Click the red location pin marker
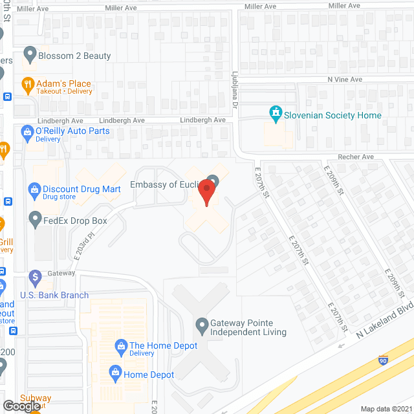tap(206, 192)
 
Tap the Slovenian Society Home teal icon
tap(276, 114)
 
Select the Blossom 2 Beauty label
tap(74, 56)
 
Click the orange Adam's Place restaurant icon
tap(28, 83)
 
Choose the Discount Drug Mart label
tap(82, 189)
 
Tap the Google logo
tap(21, 406)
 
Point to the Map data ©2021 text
tap(386, 408)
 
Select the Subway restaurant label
tap(17, 398)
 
